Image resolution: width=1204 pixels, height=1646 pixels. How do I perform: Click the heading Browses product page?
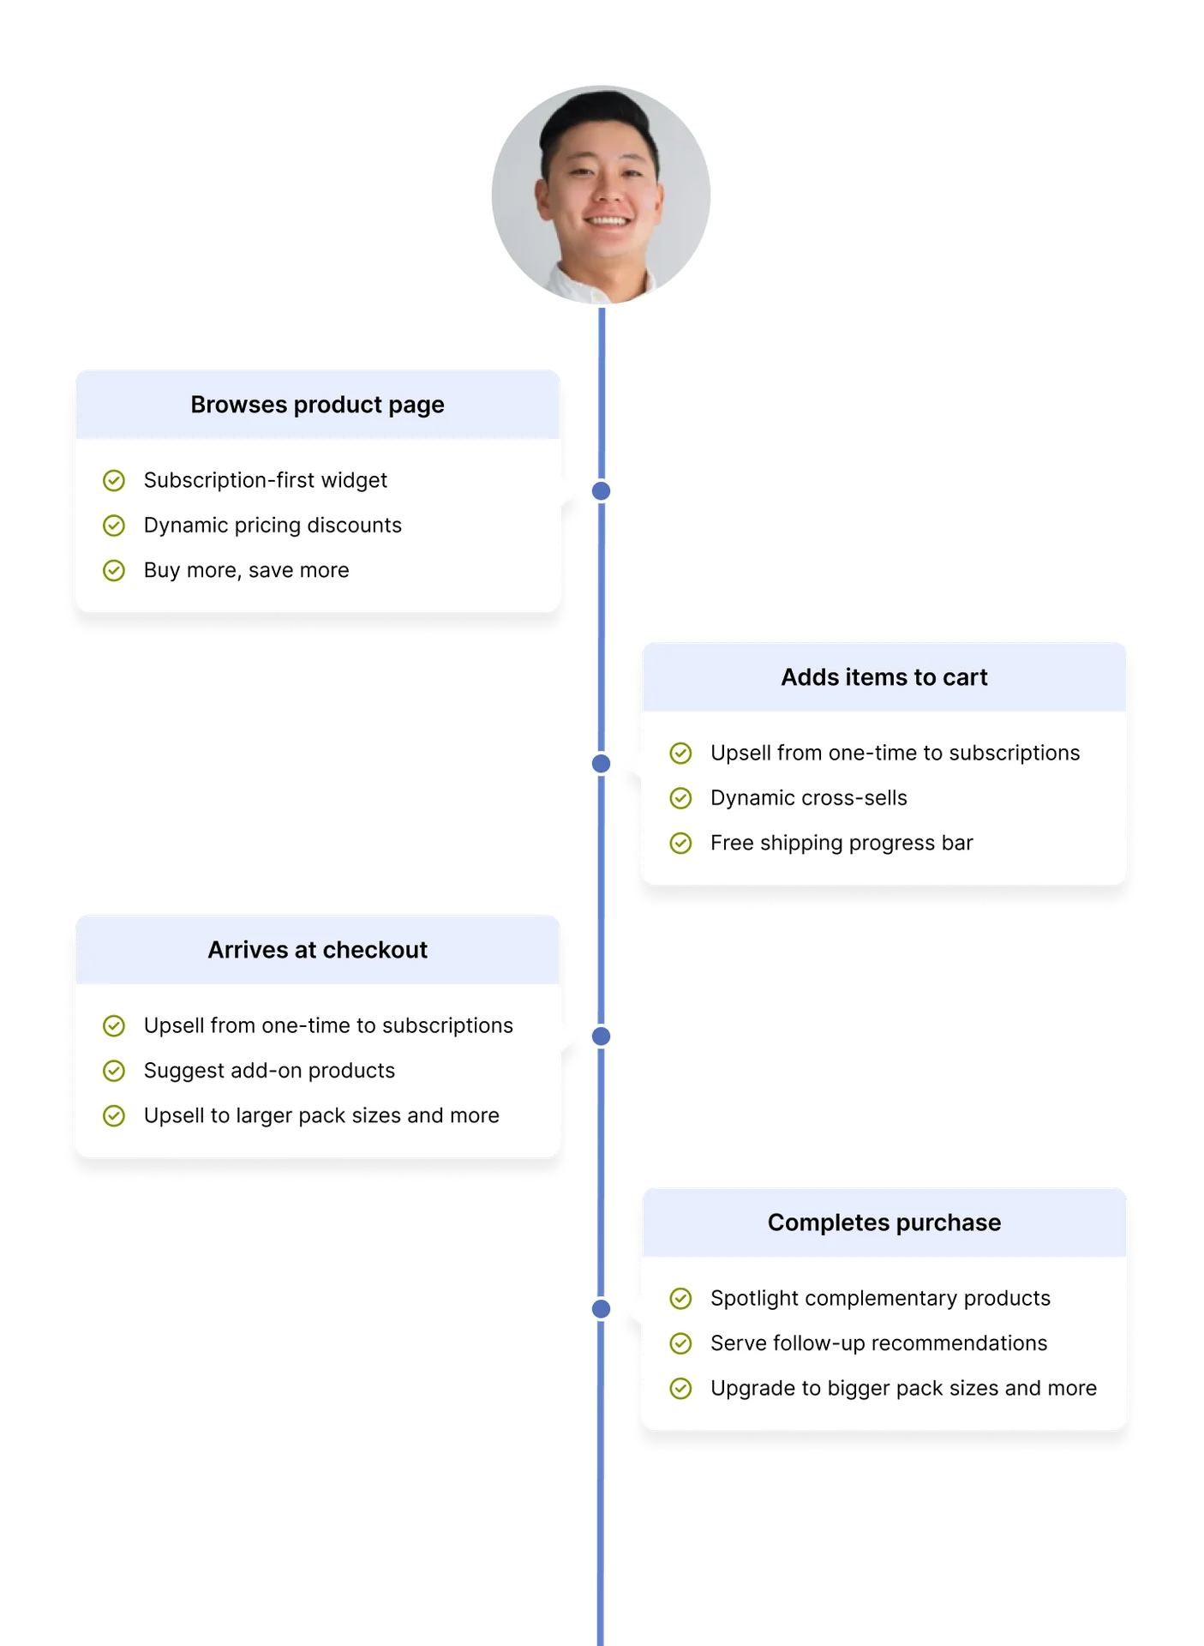click(317, 405)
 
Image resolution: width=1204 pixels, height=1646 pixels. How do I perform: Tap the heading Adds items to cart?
click(884, 677)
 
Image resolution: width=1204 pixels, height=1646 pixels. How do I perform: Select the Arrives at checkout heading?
click(317, 950)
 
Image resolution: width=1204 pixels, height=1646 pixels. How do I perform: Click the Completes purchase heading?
click(884, 1222)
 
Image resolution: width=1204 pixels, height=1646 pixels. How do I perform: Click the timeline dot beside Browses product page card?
click(602, 491)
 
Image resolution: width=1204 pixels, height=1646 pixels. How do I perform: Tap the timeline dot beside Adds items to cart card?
click(602, 763)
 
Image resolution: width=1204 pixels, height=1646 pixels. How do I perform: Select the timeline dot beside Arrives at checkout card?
click(602, 1036)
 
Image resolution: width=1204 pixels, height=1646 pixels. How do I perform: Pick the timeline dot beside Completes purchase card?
click(602, 1309)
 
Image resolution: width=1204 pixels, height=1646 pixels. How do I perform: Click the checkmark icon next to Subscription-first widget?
click(114, 481)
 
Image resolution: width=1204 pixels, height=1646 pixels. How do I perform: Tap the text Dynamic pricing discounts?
click(273, 526)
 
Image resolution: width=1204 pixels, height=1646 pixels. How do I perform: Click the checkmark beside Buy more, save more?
click(114, 571)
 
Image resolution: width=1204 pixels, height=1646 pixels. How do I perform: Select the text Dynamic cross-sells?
click(808, 798)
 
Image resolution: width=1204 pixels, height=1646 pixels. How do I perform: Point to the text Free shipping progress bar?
click(842, 844)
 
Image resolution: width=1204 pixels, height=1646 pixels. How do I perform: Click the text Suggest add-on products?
click(269, 1071)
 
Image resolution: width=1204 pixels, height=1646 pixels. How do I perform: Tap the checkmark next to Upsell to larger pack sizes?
click(114, 1116)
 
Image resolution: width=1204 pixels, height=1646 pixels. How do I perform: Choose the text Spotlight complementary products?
click(880, 1299)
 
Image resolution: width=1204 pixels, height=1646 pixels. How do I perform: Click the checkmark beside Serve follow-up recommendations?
click(680, 1343)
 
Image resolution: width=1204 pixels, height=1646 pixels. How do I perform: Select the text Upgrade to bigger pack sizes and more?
click(903, 1389)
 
